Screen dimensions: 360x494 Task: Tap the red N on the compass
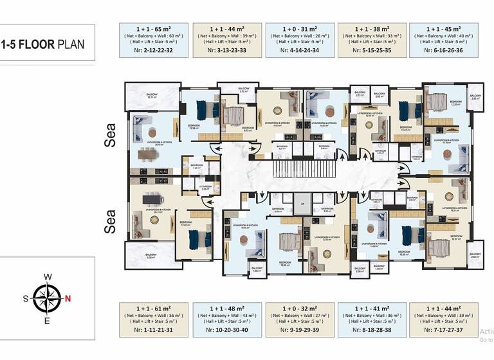click(x=68, y=298)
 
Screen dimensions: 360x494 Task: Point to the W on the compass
click(x=48, y=277)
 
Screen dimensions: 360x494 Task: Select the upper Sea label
click(x=111, y=136)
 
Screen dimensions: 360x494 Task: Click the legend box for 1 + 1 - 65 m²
click(x=152, y=40)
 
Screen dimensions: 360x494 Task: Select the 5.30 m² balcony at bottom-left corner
click(x=150, y=255)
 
